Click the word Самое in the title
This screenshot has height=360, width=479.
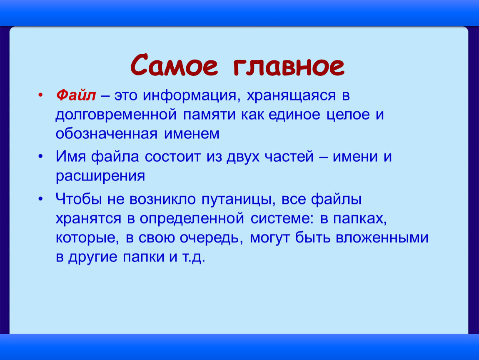click(174, 65)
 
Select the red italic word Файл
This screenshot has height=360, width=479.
click(76, 95)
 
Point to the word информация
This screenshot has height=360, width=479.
click(190, 96)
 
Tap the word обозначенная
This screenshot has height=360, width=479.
click(107, 134)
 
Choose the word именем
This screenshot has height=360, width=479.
click(192, 134)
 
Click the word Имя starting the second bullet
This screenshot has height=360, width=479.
click(70, 157)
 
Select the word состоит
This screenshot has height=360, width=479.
click(172, 157)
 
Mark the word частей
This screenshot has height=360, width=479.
click(289, 157)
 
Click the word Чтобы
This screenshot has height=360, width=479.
click(78, 199)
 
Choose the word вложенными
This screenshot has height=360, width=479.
click(382, 238)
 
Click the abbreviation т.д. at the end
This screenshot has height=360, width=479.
click(194, 257)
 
